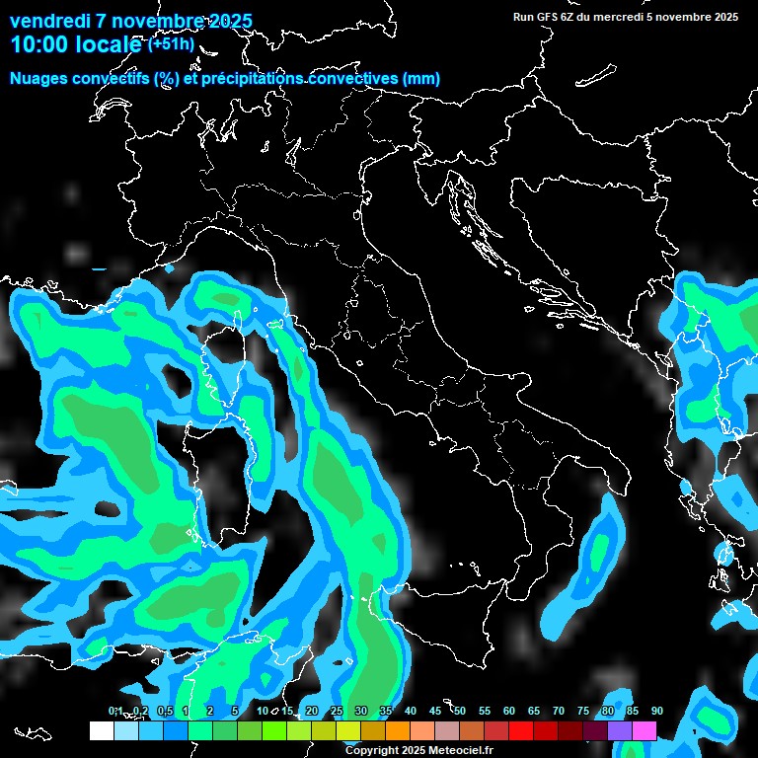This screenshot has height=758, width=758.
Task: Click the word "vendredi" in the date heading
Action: point(49,21)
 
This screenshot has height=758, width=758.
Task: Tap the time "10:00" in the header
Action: point(38,44)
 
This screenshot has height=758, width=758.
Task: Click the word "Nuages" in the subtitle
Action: point(39,79)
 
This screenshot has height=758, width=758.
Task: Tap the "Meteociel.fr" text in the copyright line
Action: point(448,751)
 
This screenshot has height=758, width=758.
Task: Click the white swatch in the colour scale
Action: point(101,731)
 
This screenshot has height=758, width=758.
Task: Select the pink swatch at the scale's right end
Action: point(644,731)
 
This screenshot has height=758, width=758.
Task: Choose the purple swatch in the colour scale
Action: point(620,731)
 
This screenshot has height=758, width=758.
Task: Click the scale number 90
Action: point(656,711)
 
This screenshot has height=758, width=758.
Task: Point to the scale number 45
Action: point(435,711)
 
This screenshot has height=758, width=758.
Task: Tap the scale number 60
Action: point(509,711)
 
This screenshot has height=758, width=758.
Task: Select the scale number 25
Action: point(337,711)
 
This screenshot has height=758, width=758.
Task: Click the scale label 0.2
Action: point(141,711)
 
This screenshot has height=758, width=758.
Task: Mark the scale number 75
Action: point(583,711)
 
